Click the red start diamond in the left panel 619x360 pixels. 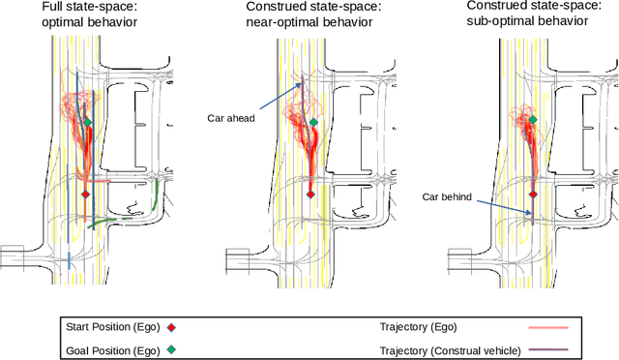[x=85, y=195]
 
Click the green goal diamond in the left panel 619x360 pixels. [x=87, y=122]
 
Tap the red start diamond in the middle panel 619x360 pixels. [x=309, y=194]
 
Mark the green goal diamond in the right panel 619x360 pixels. [x=533, y=119]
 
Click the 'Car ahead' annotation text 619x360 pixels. [x=231, y=117]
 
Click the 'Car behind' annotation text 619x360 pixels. [x=448, y=196]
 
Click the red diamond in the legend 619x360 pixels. [x=171, y=325]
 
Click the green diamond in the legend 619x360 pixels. [x=171, y=349]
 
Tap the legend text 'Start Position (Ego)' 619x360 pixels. [x=110, y=325]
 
